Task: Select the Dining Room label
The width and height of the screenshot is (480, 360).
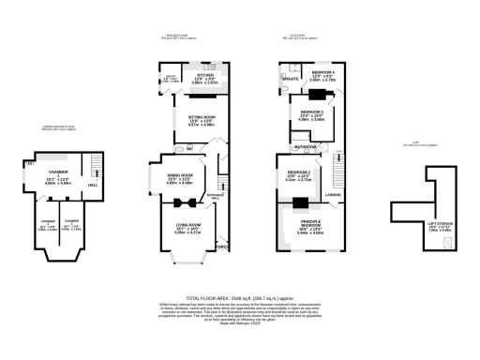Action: pos(179,175)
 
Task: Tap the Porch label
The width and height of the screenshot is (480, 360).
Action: pos(222,247)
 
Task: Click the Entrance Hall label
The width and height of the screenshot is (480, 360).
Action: pos(217,197)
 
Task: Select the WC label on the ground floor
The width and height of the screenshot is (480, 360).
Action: pos(189,149)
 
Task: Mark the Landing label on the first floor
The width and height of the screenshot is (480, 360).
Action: pos(333,194)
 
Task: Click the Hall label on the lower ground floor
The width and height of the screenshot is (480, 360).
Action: pos(92,185)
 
